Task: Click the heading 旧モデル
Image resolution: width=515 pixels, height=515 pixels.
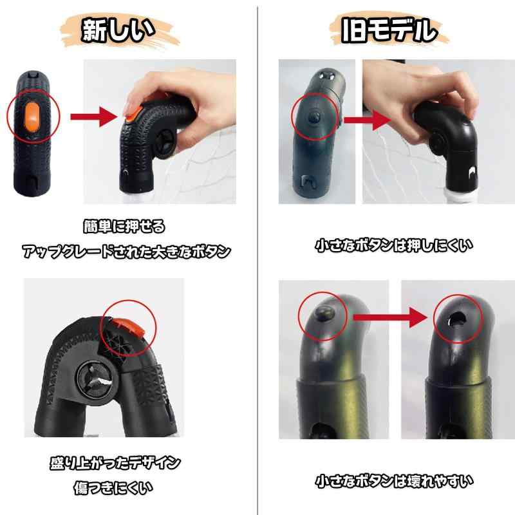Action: [389, 30]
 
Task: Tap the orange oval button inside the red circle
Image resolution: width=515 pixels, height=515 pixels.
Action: [32, 117]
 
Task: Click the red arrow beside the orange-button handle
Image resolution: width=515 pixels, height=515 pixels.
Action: [94, 117]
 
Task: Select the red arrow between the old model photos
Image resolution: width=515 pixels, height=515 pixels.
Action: [367, 120]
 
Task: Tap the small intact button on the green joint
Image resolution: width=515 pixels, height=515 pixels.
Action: [324, 312]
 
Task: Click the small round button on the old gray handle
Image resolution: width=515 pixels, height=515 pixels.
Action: [315, 116]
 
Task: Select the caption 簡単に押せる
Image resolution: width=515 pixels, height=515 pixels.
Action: [124, 227]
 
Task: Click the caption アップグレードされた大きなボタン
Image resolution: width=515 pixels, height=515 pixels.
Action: [126, 252]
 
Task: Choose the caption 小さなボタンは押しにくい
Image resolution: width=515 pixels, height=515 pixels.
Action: [394, 245]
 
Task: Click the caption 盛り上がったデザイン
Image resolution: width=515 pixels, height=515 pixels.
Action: [115, 463]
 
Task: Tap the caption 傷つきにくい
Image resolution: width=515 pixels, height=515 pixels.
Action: [113, 488]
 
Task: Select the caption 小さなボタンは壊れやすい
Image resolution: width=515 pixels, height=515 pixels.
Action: [394, 481]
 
